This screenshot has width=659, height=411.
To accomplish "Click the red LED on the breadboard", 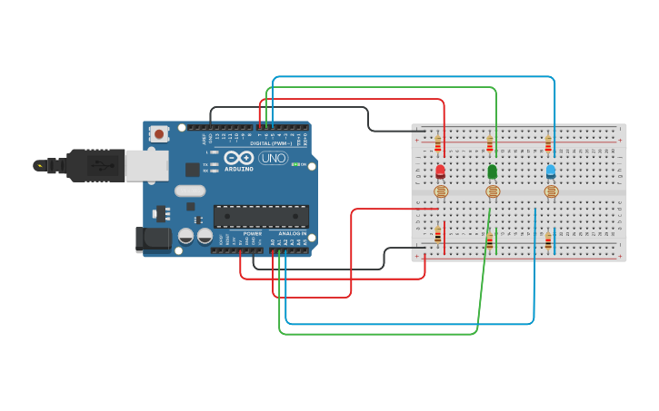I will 441,171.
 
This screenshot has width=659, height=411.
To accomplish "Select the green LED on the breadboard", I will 493,171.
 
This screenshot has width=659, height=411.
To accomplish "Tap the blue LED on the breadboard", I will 551,171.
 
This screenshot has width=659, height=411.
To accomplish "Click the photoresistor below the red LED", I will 441,191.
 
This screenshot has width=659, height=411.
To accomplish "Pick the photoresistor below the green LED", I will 493,191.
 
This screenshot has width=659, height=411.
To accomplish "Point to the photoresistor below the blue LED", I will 551,191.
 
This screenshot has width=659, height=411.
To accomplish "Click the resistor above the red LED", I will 438,143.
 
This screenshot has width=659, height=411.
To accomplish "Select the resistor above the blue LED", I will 548,143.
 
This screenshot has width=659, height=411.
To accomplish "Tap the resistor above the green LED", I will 490,143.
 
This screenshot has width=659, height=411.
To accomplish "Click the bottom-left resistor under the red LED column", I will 438,235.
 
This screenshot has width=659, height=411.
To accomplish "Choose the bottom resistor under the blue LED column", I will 548,240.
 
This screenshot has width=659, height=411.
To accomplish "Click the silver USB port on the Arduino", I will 145,165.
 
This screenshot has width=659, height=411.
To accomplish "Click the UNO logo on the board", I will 273,158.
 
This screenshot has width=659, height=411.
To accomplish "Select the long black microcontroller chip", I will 261,216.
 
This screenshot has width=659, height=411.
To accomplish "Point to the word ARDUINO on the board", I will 239,169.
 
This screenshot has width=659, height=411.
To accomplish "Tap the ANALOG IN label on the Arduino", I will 291,233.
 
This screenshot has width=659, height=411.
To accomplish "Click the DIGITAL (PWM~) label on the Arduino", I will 273,143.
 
